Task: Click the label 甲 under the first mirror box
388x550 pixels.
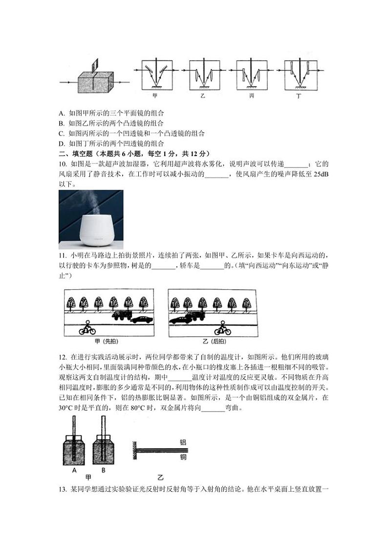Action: click(x=154, y=96)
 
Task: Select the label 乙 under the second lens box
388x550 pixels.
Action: click(x=202, y=96)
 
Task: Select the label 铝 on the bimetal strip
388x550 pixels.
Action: click(x=183, y=442)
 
